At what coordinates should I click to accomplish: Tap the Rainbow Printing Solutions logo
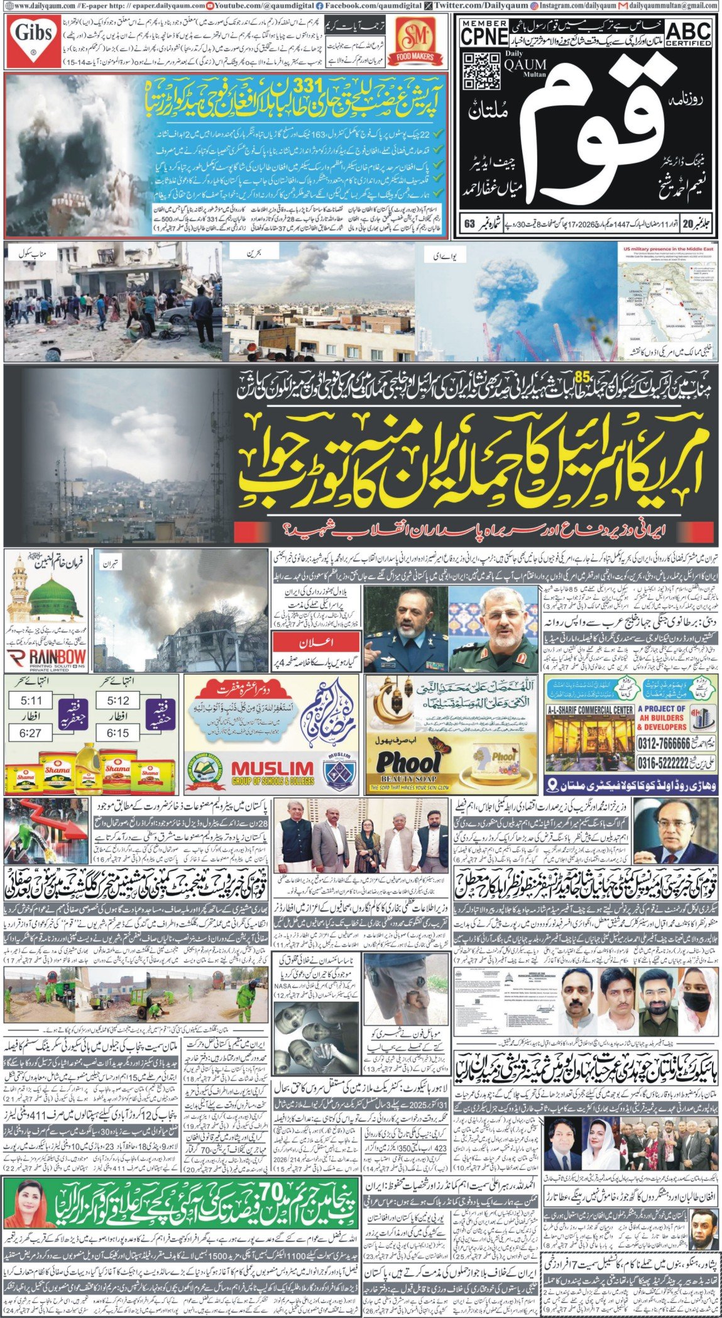tap(45, 660)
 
